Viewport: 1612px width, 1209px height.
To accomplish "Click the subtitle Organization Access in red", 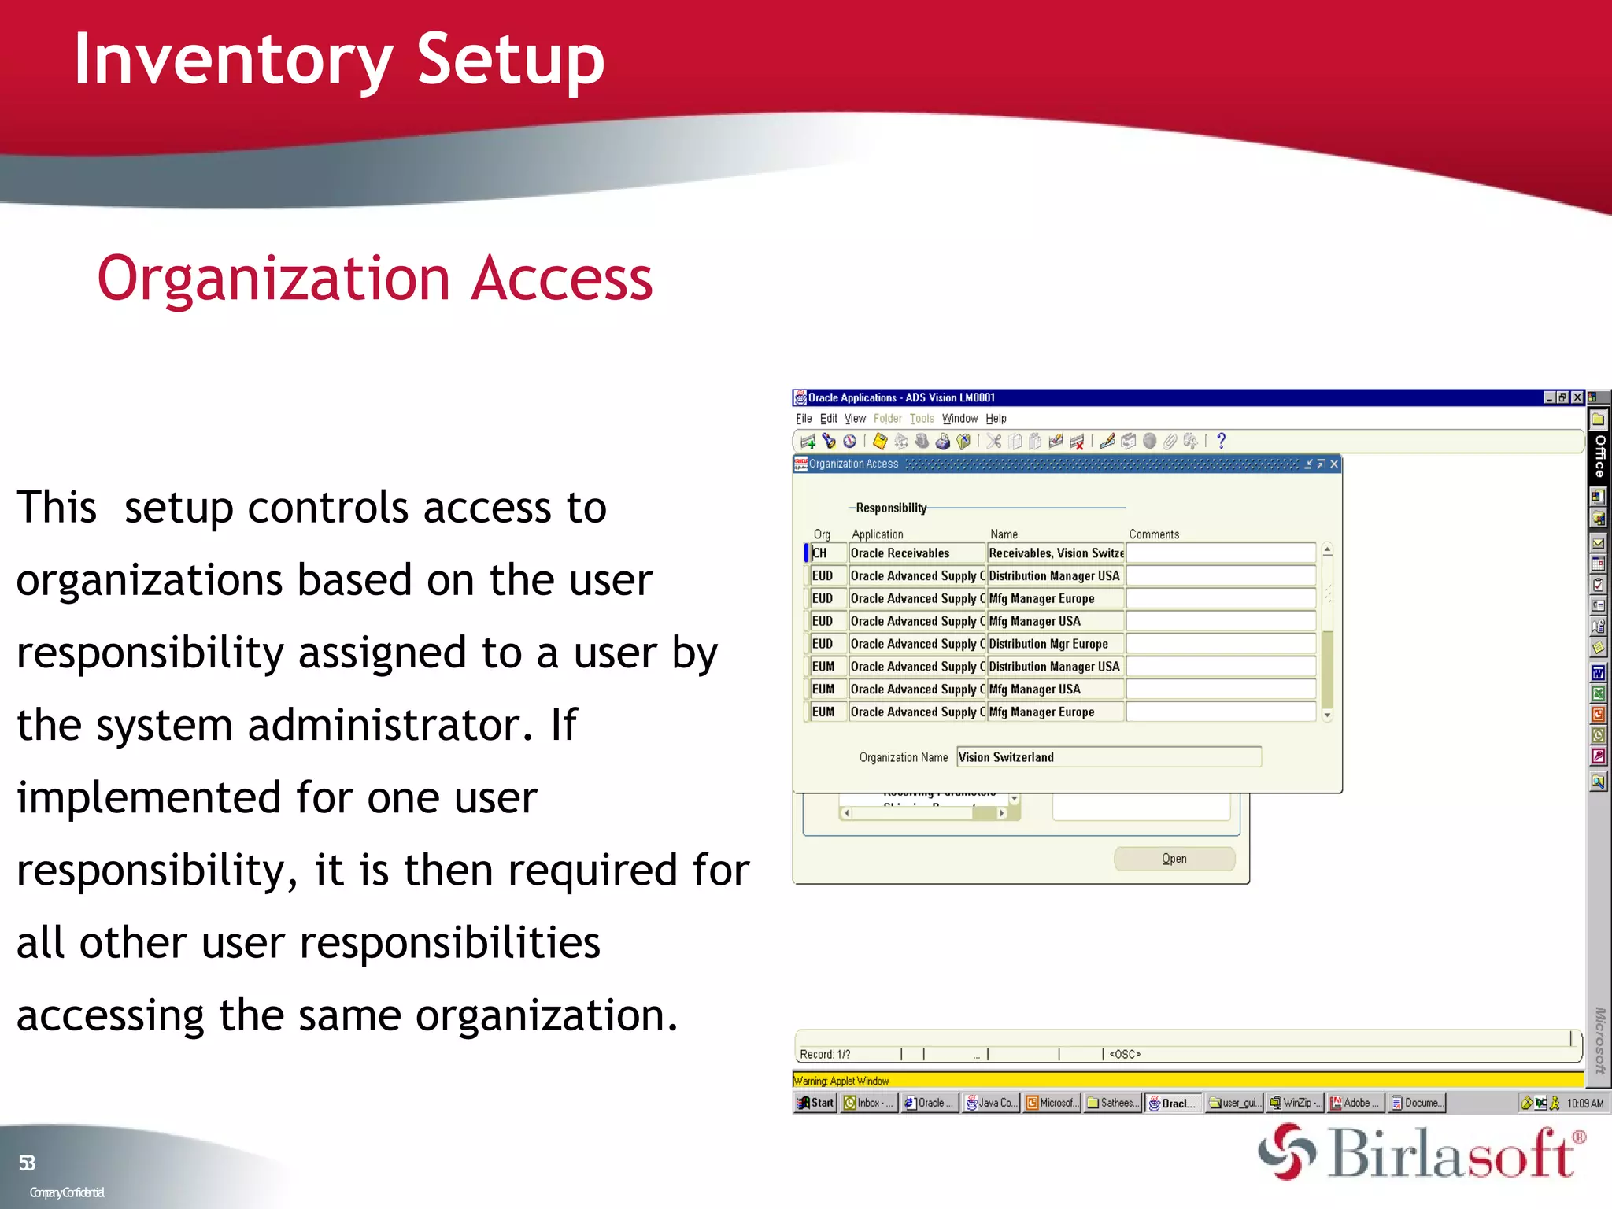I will tap(375, 279).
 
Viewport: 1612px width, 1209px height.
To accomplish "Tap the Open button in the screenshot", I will tap(1174, 859).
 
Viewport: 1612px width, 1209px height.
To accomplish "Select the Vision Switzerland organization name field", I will tap(1108, 757).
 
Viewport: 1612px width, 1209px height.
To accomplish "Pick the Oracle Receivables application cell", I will tap(916, 553).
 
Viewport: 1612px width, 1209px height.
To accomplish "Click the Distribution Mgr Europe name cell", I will tap(1055, 644).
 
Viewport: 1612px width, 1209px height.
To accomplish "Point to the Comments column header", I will tap(1154, 534).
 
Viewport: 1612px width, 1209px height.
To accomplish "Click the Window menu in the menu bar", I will tap(959, 419).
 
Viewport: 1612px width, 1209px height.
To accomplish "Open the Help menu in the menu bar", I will tap(996, 419).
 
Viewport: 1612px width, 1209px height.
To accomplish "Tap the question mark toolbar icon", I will tap(1221, 442).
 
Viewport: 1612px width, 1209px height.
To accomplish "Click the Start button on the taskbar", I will tap(815, 1103).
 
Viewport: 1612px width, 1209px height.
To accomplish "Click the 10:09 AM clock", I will tap(1584, 1104).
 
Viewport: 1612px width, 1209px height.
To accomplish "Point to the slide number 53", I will tap(27, 1163).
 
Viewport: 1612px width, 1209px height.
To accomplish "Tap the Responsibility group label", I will tap(891, 508).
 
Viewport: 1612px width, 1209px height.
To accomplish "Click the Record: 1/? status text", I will tap(825, 1054).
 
